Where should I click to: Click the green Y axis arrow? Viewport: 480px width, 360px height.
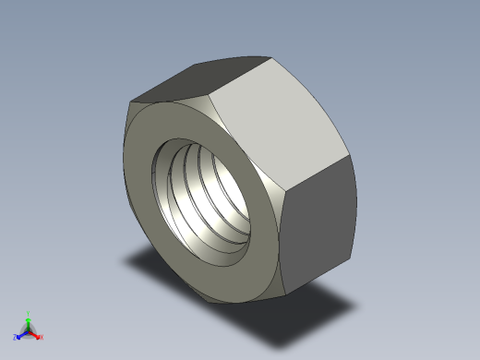pyautogui.click(x=29, y=320)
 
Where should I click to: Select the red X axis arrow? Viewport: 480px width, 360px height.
pyautogui.click(x=36, y=335)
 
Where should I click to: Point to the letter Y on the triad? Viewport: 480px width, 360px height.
pyautogui.click(x=29, y=313)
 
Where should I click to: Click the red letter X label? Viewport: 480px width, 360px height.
pyautogui.click(x=42, y=338)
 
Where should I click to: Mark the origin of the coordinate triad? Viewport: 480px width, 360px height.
pyautogui.click(x=29, y=331)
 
